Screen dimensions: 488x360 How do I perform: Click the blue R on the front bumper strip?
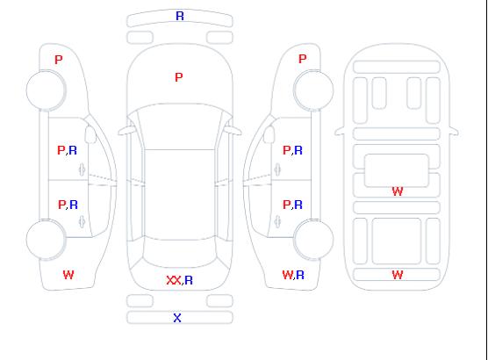180,16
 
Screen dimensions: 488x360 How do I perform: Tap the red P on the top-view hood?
179,77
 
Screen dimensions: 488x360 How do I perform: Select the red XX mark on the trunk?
174,280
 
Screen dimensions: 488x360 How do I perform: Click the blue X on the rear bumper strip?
177,318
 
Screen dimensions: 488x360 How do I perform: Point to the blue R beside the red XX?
189,280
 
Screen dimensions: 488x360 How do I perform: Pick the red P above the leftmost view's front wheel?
59,60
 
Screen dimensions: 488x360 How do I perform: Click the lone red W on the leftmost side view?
68,275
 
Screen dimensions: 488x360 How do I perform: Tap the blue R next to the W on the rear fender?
300,275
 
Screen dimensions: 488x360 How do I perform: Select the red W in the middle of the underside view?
398,191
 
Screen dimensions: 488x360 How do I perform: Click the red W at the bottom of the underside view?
398,275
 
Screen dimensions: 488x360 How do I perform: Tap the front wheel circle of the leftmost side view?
46,90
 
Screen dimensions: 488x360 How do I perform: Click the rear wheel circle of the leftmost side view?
46,240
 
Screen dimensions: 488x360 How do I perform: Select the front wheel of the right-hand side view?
313,90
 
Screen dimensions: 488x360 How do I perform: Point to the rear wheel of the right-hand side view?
313,239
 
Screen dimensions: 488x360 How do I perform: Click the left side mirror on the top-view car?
126,131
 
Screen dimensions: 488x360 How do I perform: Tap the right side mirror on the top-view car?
233,131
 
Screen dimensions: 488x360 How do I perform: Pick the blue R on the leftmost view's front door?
73,150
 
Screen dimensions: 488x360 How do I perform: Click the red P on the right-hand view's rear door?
287,205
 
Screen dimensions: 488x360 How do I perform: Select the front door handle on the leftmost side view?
83,169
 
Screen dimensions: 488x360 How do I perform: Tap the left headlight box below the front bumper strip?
140,38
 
